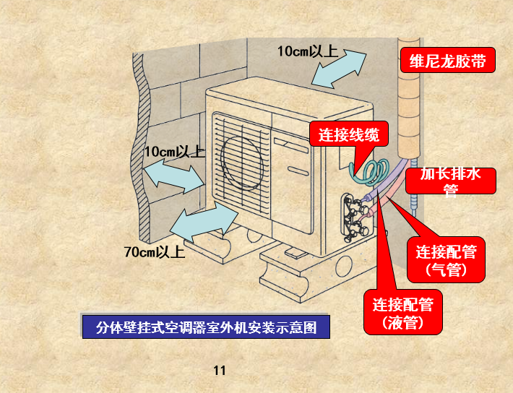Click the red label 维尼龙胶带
coord(447,61)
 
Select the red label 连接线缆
coord(344,134)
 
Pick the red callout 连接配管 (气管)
coord(446,260)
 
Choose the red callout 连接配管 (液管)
coord(402,312)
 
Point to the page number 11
coord(220,371)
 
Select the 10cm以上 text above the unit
coord(307,51)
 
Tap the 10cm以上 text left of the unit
coord(174,152)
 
